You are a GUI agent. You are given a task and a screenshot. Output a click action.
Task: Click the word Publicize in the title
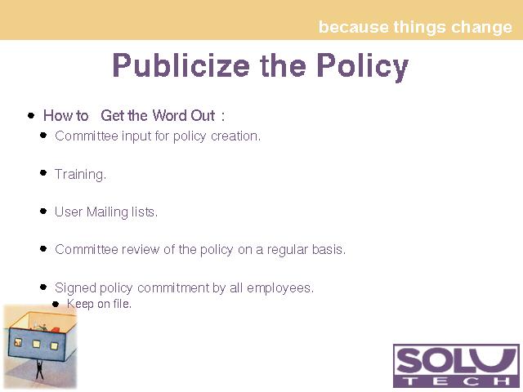coord(181,65)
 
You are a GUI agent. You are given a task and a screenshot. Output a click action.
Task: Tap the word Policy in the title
coord(363,67)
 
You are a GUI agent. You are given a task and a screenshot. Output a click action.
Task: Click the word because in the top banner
coord(353,27)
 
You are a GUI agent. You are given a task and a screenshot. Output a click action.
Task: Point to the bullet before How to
coord(31,116)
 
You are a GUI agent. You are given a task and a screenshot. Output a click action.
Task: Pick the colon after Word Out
coord(223,117)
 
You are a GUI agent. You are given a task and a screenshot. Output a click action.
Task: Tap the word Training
coord(80,174)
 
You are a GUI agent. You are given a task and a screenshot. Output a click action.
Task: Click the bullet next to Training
coord(43,172)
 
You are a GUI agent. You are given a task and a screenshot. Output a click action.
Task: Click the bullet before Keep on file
coord(56,304)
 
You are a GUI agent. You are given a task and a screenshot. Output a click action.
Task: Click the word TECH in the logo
coord(456,381)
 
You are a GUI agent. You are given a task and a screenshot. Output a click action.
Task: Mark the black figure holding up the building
coord(39,369)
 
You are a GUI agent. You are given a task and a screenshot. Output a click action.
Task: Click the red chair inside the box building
coord(56,330)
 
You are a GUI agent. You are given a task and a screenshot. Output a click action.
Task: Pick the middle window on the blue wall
coord(36,344)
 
